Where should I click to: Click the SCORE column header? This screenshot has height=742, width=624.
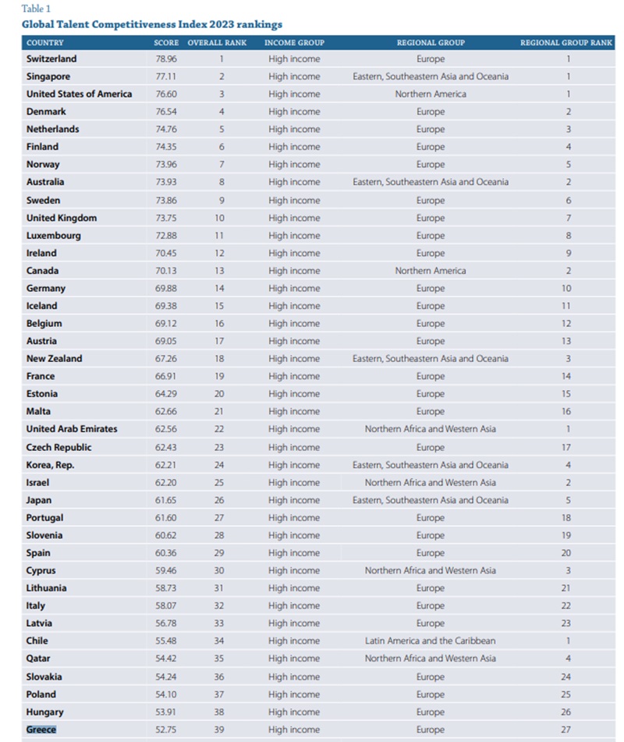[x=167, y=42]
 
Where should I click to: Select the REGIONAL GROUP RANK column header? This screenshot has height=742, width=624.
[x=566, y=42]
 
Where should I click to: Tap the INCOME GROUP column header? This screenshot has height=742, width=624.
[x=294, y=42]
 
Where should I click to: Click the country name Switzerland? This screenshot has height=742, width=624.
[x=51, y=59]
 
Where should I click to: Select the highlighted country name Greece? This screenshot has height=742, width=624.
[x=41, y=730]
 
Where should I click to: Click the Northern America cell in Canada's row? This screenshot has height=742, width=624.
[x=431, y=271]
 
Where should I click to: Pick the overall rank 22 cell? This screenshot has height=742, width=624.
[x=221, y=429]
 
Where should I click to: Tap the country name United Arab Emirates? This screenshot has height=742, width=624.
[x=72, y=429]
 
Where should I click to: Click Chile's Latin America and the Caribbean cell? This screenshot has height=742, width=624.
[x=431, y=641]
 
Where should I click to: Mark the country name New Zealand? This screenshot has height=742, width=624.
[x=54, y=359]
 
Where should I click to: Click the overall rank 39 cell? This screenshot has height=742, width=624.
[x=221, y=730]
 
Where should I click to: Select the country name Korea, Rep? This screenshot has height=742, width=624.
[x=51, y=465]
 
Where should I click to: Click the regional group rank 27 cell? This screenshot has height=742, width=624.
[x=566, y=730]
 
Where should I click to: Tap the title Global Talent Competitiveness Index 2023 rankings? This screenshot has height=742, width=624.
[x=152, y=25]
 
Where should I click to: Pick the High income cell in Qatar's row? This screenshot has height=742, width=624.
[x=294, y=659]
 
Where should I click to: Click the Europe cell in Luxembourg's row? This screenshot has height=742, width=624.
[x=431, y=236]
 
